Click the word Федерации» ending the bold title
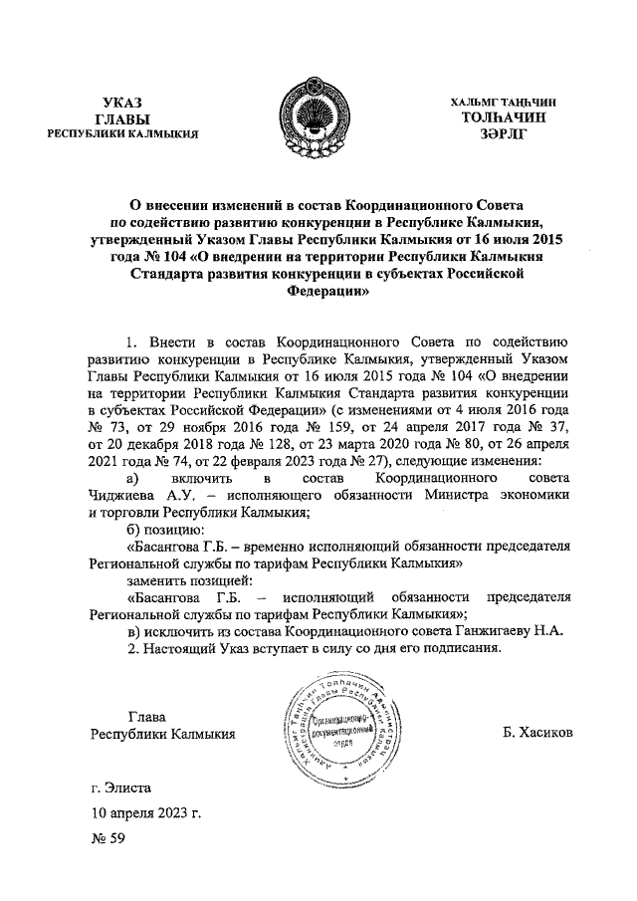(327, 294)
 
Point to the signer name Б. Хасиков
(538, 734)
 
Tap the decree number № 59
(107, 839)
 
